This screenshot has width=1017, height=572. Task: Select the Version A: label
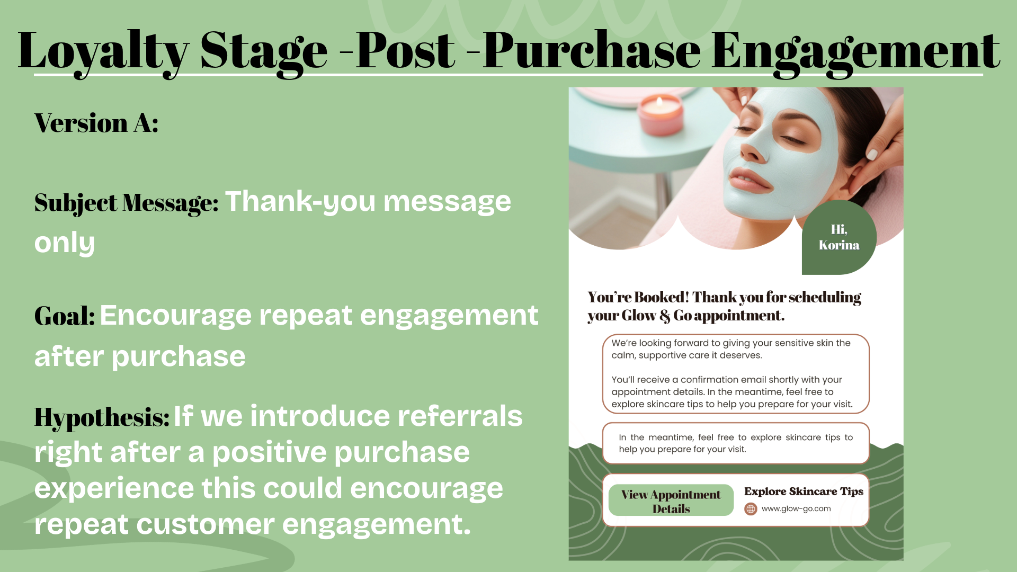point(96,123)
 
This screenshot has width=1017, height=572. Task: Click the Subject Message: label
point(126,203)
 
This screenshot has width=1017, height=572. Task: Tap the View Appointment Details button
point(671,501)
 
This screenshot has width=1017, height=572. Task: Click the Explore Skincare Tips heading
point(803,491)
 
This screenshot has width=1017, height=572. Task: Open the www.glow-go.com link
point(796,509)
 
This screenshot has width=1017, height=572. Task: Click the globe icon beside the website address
point(751,509)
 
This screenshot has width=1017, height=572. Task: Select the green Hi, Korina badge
point(838,237)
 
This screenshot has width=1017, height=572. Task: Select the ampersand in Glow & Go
point(665,316)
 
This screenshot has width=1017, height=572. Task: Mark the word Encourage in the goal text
point(176,316)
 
